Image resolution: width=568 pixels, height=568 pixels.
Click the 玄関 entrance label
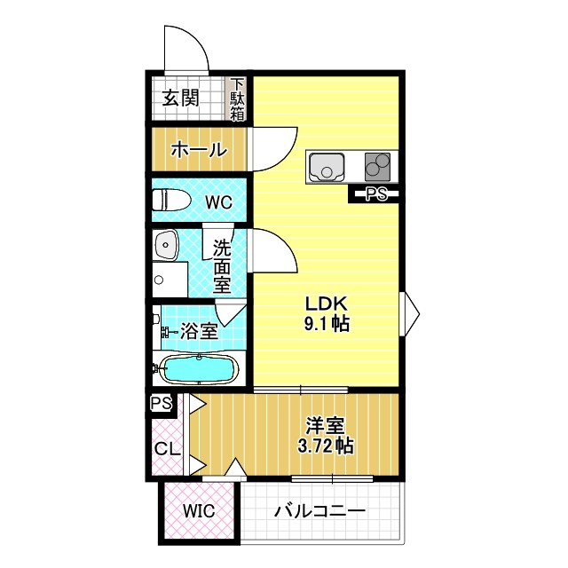180,98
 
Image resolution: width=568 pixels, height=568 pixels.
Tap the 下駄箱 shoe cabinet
238,99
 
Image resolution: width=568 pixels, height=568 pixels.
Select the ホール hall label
197,150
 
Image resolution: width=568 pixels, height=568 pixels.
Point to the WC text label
218,202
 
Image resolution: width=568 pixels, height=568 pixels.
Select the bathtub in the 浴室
198,369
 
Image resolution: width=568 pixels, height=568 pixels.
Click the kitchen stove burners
378,166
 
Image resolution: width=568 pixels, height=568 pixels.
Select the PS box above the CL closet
162,404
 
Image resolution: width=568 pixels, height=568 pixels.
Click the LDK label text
327,303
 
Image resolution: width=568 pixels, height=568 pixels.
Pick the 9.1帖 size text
327,324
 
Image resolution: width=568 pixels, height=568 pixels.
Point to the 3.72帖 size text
327,446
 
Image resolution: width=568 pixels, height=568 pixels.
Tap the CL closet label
167,447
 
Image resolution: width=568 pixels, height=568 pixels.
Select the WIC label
199,512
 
